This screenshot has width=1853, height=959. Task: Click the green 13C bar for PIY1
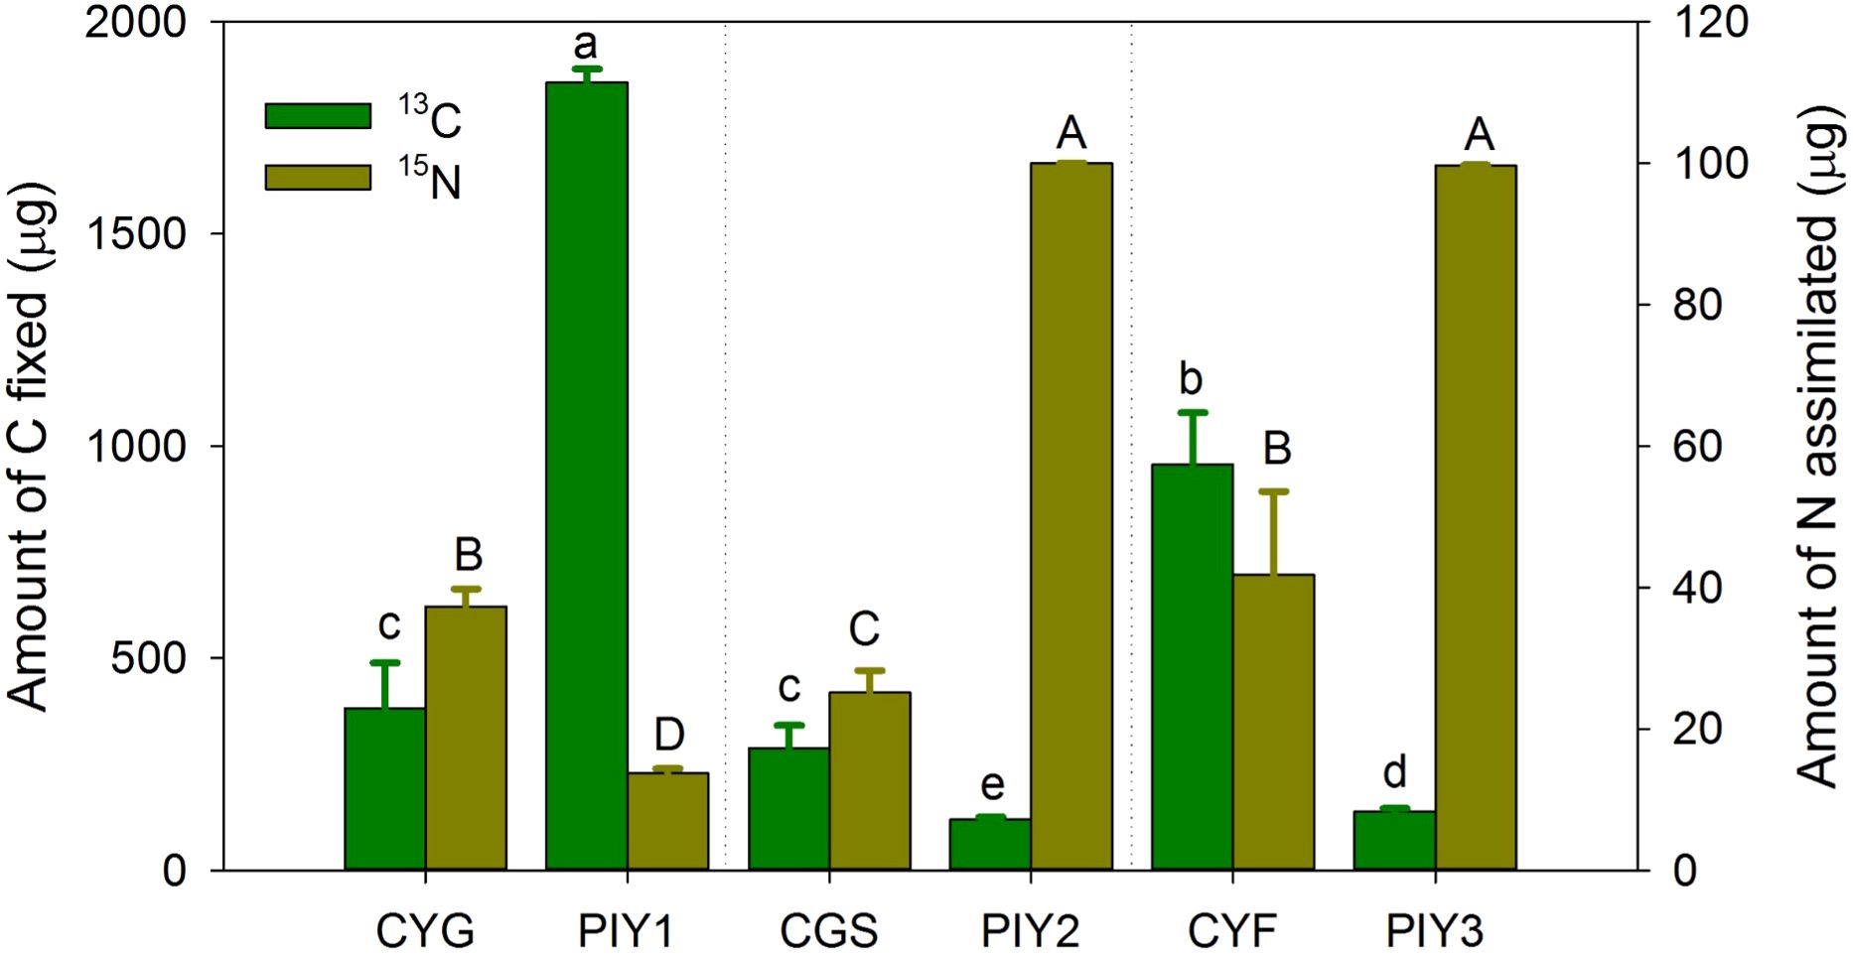pos(586,477)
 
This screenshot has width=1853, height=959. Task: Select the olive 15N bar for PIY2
pos(1070,516)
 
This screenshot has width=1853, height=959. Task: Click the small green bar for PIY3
pos(1394,840)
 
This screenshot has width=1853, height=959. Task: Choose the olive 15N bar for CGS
pos(869,780)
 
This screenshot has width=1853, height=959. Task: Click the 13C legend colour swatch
pos(318,115)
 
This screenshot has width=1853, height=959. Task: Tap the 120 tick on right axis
pos(1708,22)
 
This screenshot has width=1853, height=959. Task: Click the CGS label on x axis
pos(828,931)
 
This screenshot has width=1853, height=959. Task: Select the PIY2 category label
pos(1030,931)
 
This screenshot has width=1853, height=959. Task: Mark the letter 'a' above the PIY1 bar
pos(586,46)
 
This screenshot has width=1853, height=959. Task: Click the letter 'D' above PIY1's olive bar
pos(668,735)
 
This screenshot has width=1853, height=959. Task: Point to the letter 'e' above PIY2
pos(991,785)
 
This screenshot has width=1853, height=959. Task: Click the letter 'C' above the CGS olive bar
pos(864,628)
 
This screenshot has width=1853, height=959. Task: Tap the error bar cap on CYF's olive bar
pos(1273,491)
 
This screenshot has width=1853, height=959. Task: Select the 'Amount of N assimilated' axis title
pos(1819,446)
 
